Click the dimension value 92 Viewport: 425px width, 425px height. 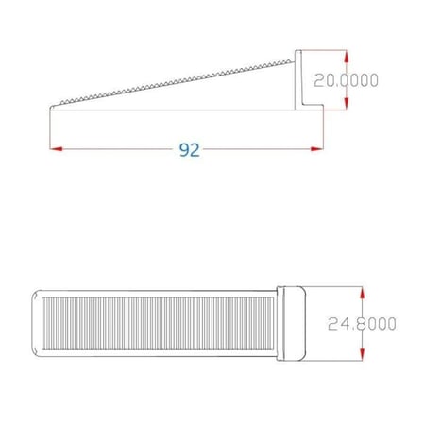(190, 150)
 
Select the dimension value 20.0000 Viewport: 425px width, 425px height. (347, 80)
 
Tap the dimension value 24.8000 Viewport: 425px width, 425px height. (363, 324)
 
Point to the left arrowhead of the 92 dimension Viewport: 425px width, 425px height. (54, 148)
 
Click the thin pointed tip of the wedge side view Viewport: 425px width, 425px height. (52, 107)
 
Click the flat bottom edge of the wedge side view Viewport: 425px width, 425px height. (179, 109)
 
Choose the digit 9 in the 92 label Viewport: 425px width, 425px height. (184, 150)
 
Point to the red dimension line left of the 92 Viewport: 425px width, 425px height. (113, 148)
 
